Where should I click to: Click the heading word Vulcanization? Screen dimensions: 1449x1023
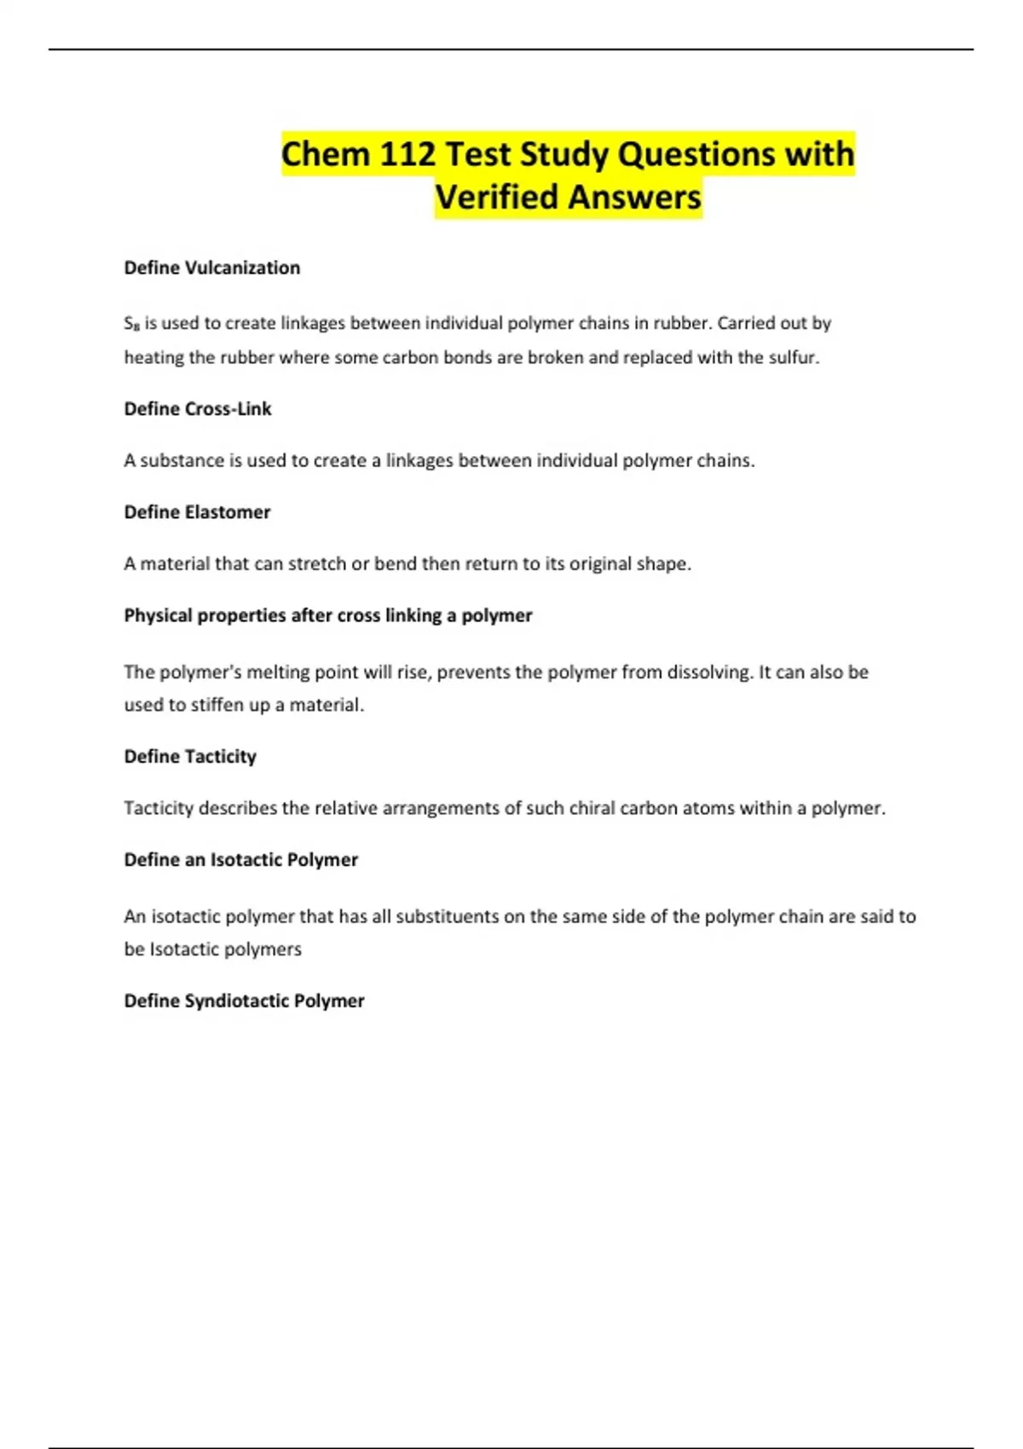point(242,268)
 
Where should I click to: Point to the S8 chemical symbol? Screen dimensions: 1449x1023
point(131,324)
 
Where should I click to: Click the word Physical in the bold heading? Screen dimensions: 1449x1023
point(158,615)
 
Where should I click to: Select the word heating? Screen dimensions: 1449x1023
point(153,358)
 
